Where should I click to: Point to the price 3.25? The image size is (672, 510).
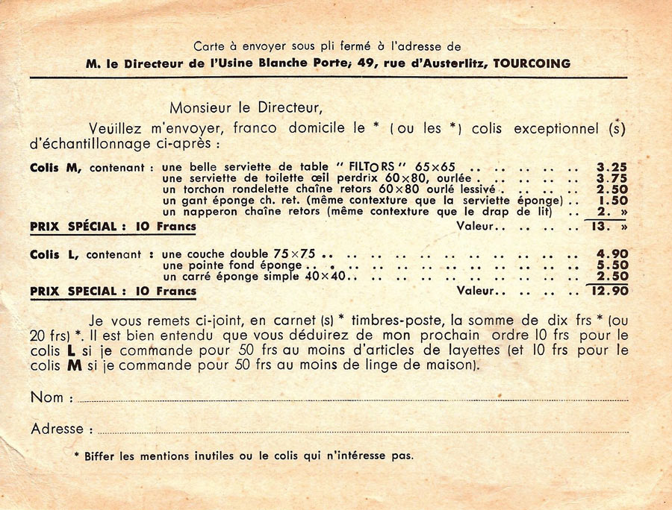pyautogui.click(x=612, y=168)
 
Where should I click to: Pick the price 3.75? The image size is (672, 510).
pyautogui.click(x=612, y=179)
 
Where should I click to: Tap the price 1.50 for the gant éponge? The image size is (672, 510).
pyautogui.click(x=612, y=201)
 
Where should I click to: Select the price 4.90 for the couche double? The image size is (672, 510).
pyautogui.click(x=612, y=254)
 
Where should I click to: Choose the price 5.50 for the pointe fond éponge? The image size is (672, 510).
pyautogui.click(x=612, y=265)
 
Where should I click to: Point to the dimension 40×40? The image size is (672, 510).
pyautogui.click(x=326, y=277)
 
